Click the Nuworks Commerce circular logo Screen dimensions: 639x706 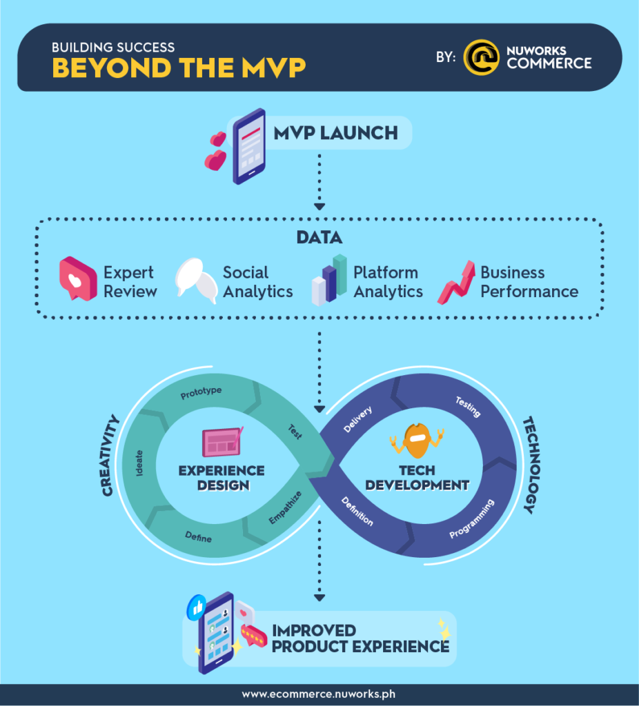point(481,57)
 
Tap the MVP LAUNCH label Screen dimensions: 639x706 point(336,133)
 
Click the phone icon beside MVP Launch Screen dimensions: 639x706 point(248,146)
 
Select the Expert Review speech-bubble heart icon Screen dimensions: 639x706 point(78,279)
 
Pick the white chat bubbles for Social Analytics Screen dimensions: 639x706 point(197,281)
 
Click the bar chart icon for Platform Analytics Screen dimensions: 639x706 point(329,280)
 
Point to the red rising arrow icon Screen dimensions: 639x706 point(457,283)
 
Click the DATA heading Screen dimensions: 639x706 point(319,237)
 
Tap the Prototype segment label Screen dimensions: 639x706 point(201,392)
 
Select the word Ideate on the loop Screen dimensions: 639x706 point(139,463)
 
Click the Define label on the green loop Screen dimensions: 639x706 point(198,536)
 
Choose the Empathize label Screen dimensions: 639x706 point(285,508)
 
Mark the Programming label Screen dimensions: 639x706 point(472,518)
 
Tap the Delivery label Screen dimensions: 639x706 point(358,419)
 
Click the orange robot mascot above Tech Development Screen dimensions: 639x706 point(417,440)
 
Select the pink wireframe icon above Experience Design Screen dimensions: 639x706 point(222,442)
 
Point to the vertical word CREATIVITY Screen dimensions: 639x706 point(110,456)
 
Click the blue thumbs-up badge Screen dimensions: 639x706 point(197,607)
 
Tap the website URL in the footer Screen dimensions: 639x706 point(319,694)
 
